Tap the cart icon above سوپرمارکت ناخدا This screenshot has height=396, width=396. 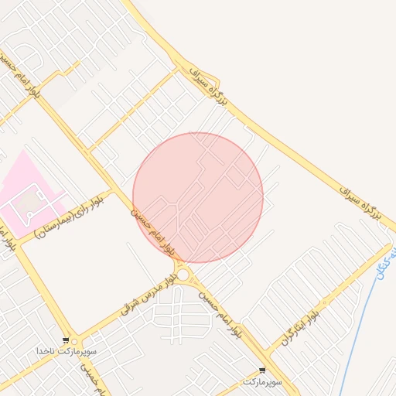pyautogui.click(x=67, y=340)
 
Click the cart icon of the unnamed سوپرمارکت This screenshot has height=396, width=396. pyautogui.click(x=262, y=370)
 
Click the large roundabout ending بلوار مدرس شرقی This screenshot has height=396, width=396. pyautogui.click(x=183, y=274)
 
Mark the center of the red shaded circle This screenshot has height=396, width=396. pyautogui.click(x=198, y=197)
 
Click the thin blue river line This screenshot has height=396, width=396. pyautogui.click(x=364, y=325)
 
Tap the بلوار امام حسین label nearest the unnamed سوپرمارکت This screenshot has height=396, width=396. pyautogui.click(x=224, y=318)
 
